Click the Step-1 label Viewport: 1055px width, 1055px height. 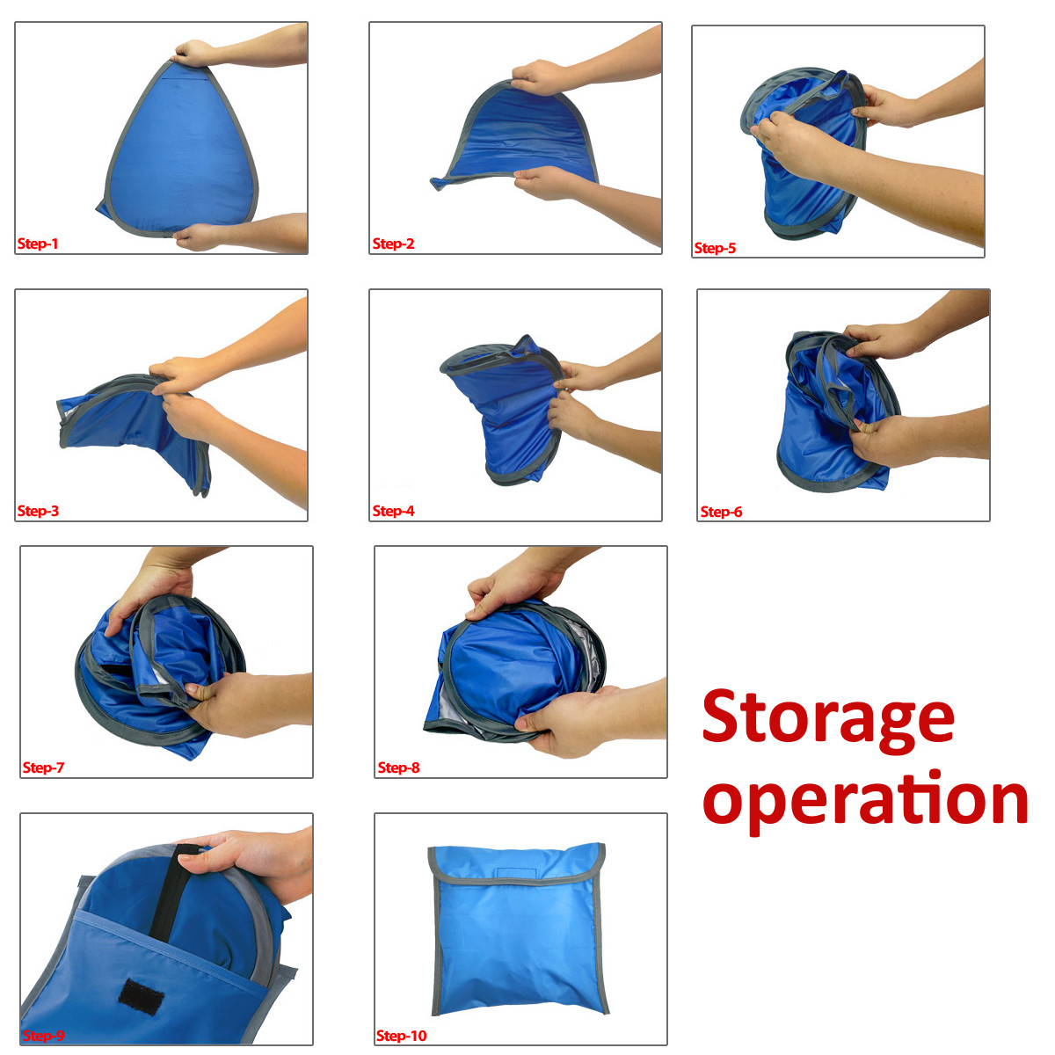(x=38, y=244)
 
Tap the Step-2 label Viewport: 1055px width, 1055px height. (x=393, y=244)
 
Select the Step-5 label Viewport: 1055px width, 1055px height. (x=715, y=248)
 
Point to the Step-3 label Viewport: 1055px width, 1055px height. (x=38, y=511)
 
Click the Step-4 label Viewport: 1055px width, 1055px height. (x=393, y=511)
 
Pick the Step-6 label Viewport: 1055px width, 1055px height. (x=721, y=512)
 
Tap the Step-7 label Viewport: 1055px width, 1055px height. (x=43, y=768)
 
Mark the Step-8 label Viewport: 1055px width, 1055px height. (x=398, y=768)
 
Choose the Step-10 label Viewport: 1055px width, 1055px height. (x=401, y=1036)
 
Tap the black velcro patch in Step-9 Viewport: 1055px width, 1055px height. (x=141, y=992)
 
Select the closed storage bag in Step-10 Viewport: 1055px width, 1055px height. (x=517, y=928)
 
